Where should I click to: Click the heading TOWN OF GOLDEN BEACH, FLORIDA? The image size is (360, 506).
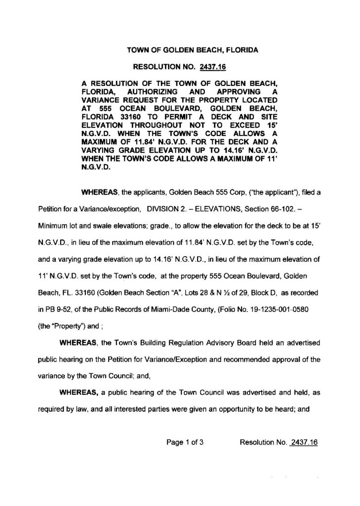pos(193,50)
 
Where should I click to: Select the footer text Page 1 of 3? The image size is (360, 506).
pos(185,443)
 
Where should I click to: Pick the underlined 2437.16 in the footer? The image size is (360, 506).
pos(304,443)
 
